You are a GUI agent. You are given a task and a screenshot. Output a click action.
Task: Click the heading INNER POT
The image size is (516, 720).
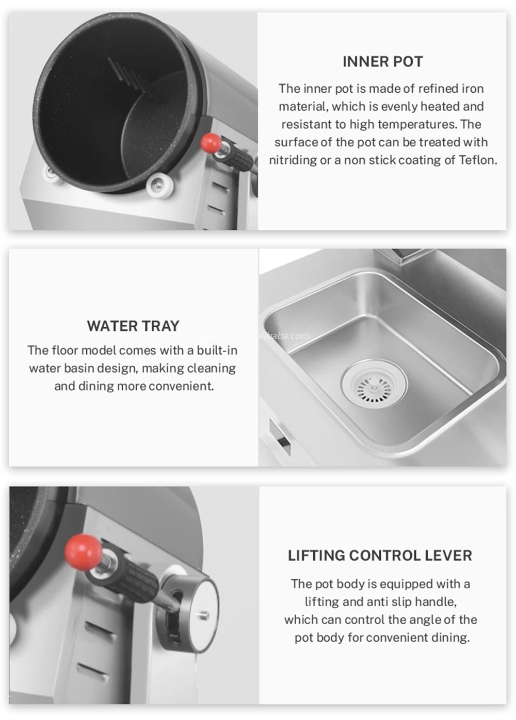pos(382,62)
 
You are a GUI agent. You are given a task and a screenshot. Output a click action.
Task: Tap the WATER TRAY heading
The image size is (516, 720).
pos(133,326)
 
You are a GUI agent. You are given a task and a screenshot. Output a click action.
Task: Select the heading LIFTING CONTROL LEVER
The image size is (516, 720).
pos(380,556)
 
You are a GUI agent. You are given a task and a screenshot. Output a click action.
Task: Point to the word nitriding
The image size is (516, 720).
pos(293,160)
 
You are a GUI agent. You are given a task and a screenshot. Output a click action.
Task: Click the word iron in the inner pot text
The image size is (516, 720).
pos(472,89)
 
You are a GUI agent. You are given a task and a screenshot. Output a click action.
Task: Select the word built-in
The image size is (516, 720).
pos(217,350)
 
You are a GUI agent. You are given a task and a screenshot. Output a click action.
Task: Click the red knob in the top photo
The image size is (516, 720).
pos(211,143)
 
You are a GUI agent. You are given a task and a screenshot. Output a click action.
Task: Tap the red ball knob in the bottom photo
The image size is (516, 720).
pos(83,551)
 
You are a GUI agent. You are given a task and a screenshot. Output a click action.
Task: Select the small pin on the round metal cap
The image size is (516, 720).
pos(204,615)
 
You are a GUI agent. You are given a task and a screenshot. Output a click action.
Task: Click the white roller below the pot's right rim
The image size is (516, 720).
pos(158,185)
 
